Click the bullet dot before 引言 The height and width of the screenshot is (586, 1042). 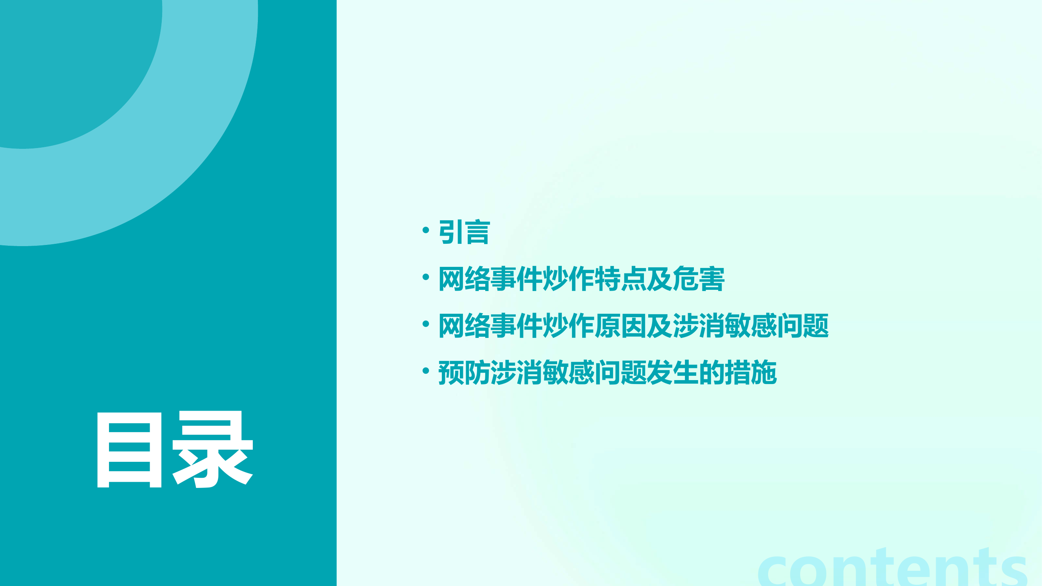pos(425,230)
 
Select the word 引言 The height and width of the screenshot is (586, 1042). pos(465,232)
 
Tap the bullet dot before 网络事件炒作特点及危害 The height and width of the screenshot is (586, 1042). pos(425,277)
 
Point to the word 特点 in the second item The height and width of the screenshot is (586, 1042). pos(620,279)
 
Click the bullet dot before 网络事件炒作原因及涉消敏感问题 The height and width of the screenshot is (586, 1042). pos(425,324)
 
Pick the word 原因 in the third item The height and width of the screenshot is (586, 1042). pos(620,326)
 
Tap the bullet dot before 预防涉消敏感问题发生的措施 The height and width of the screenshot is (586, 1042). pos(425,370)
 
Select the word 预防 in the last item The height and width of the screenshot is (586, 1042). pos(465,372)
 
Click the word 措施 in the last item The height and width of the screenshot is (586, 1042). pos(751,372)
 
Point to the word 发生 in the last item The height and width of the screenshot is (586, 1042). pos(672,372)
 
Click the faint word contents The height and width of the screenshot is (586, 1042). pos(892,568)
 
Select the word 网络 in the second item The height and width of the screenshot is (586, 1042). pos(465,279)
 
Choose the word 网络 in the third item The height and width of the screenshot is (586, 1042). pos(465,326)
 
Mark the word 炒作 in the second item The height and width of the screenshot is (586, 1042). pos(568,279)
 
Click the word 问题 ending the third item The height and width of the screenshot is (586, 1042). pos(803,326)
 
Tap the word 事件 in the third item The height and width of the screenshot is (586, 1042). pos(517,326)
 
